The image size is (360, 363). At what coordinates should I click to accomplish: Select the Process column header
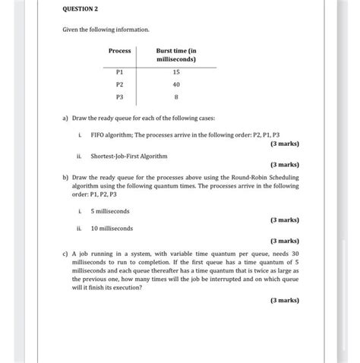[119, 51]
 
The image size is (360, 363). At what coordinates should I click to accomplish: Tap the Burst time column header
[176, 55]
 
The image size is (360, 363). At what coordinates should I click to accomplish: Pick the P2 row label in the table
[118, 84]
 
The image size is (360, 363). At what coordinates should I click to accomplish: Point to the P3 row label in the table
[118, 97]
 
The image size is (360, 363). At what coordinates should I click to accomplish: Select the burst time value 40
[176, 84]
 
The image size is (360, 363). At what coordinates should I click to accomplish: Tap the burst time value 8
[176, 97]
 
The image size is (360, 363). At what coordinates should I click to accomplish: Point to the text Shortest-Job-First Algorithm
[129, 156]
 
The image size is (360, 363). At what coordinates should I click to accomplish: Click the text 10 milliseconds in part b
[112, 228]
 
